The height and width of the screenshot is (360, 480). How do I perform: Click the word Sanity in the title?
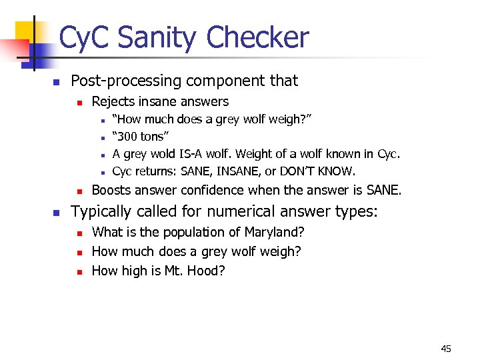coord(155,38)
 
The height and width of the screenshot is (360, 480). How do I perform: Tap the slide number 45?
coord(446,349)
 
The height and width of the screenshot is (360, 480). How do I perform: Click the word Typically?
coord(102,212)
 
